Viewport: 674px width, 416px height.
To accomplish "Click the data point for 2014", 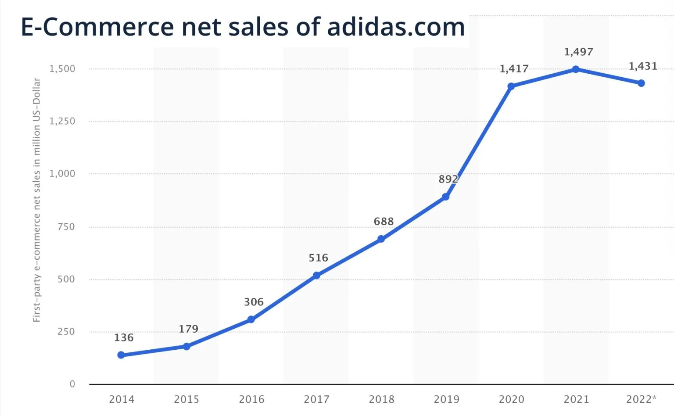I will point(121,355).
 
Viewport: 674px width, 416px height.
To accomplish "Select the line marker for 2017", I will point(316,276).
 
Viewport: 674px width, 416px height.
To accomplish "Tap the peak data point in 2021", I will point(576,69).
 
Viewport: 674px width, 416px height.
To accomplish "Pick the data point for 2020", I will point(511,86).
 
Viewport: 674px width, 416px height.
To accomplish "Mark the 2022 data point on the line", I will point(641,83).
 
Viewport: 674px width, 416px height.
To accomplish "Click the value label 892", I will point(448,179).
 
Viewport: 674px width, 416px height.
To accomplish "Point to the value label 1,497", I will point(578,52).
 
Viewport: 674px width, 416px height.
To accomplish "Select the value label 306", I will point(254,302).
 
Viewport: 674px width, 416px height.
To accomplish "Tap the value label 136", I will point(124,337).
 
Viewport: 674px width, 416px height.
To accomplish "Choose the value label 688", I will point(384,222).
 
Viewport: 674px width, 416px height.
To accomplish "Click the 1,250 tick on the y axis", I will point(62,121).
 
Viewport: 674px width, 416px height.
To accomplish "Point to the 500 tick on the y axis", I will point(66,279).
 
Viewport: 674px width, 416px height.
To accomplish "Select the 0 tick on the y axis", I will point(72,384).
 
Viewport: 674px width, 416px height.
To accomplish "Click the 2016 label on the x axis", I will point(251,399).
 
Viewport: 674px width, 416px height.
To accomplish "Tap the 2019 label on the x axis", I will point(446,399).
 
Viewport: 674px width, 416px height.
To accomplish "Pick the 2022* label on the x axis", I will point(641,399).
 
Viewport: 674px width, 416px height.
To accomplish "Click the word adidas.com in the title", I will point(396,27).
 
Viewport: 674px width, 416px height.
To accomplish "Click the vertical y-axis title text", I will point(36,200).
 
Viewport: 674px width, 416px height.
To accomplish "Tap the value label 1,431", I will point(643,66).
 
